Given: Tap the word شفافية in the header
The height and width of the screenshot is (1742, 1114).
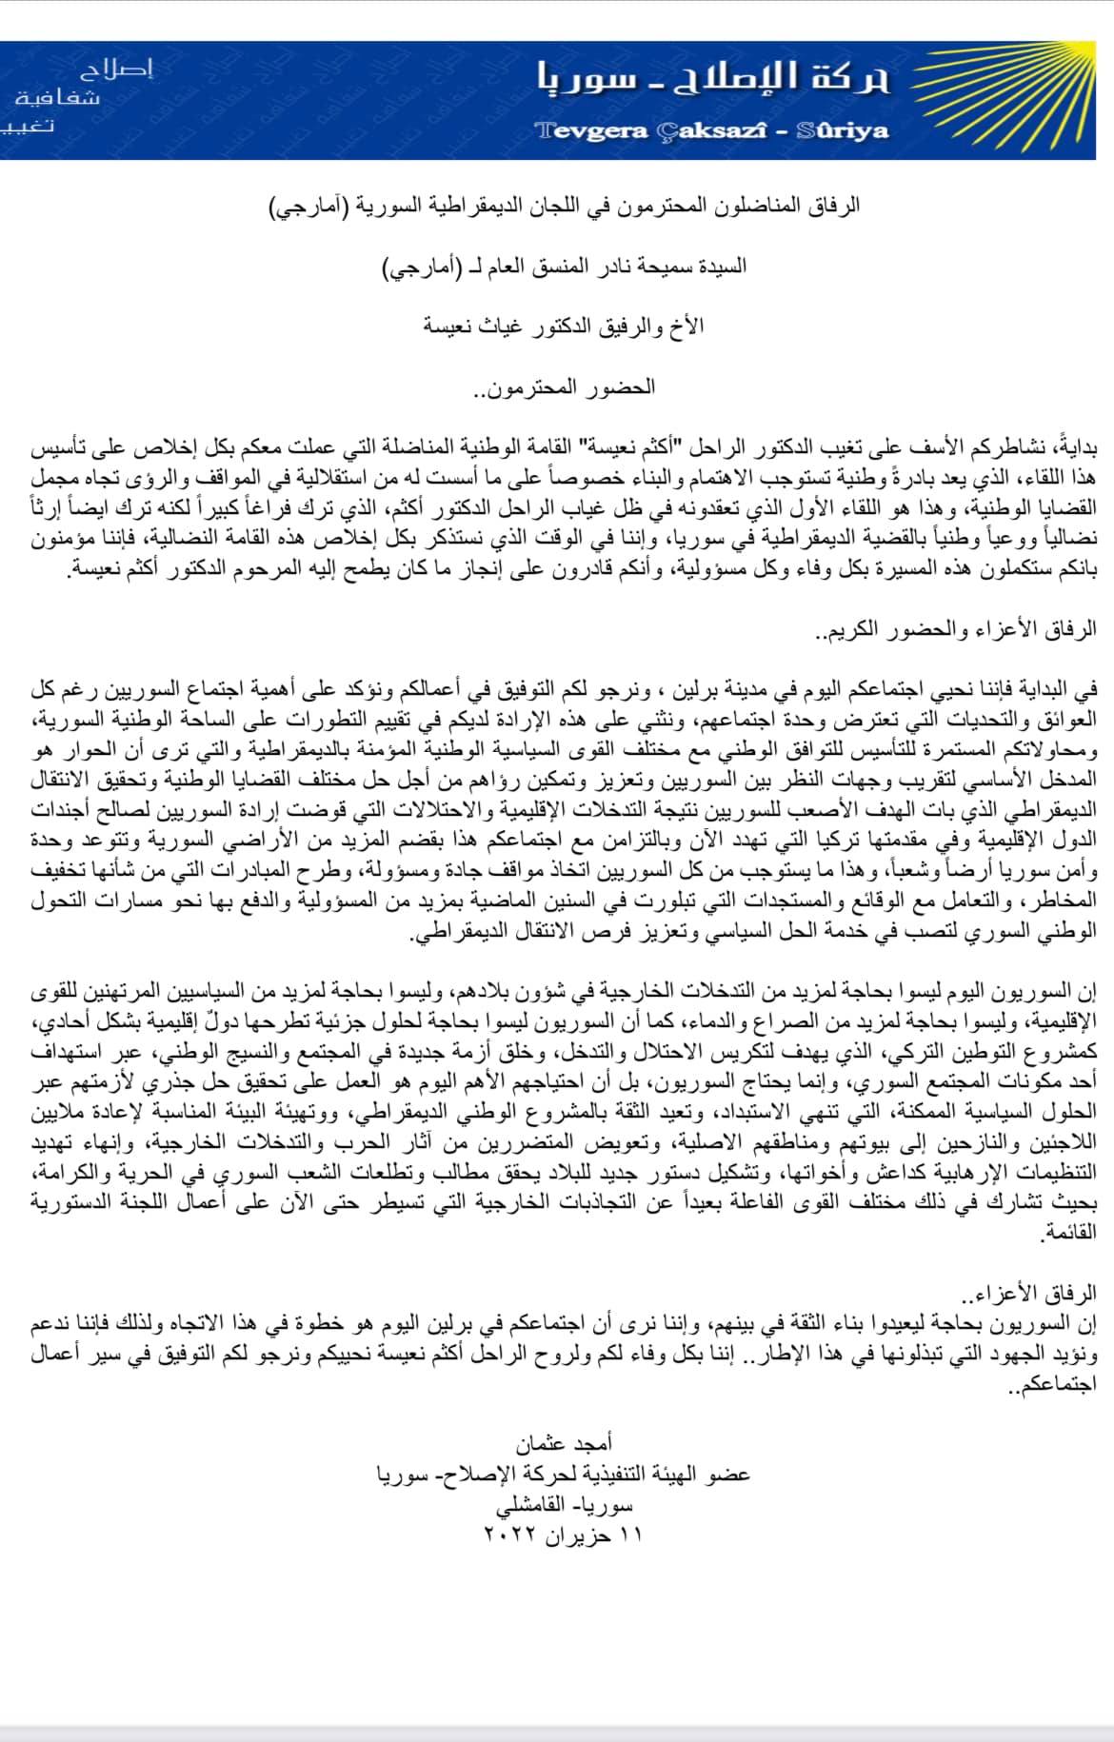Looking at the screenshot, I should [57, 98].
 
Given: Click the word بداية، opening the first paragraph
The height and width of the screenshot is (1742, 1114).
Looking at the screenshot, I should [1071, 447].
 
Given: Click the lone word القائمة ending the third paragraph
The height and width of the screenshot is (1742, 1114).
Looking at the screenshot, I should [1068, 1235].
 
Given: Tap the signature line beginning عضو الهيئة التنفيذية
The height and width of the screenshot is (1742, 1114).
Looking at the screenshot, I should [564, 1475].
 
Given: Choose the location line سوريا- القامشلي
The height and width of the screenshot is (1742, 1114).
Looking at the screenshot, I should [564, 1506].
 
